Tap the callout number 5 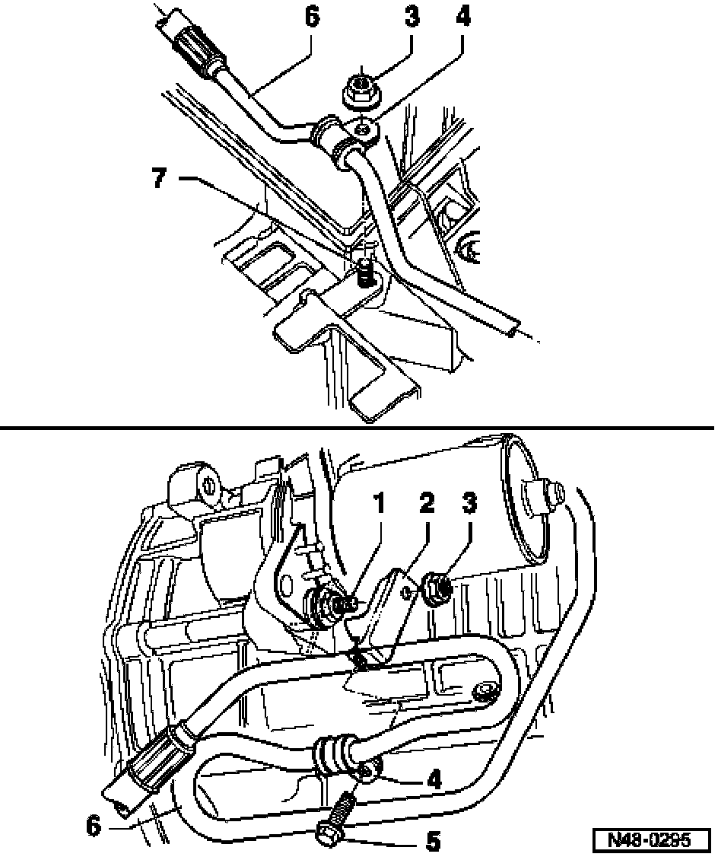[432, 839]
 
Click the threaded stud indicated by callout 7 [365, 270]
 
